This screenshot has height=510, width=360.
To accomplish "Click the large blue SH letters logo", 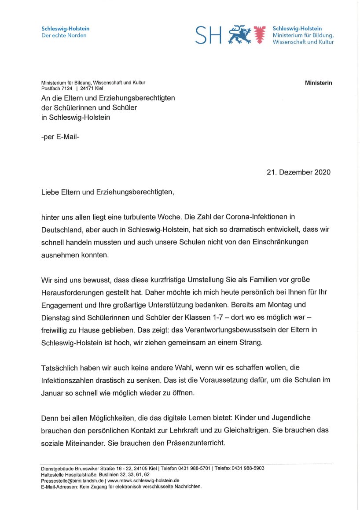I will [x=209, y=35].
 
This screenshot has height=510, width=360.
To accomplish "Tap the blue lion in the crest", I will [x=239, y=35].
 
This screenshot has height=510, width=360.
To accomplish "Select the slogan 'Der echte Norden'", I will [x=64, y=36].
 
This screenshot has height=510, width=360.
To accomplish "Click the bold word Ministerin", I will [x=319, y=83].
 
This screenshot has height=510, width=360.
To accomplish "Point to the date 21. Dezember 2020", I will [x=298, y=172].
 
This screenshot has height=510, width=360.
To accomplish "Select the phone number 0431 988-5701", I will [x=195, y=468].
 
